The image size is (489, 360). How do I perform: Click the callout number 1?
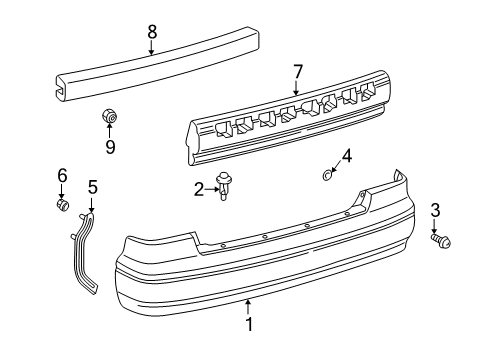pyautogui.click(x=251, y=324)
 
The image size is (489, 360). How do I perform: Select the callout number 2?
pyautogui.click(x=199, y=188)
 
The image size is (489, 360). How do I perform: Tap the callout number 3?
pyautogui.click(x=435, y=237)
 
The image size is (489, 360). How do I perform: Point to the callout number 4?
pyautogui.click(x=346, y=155)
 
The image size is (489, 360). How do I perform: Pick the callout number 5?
pyautogui.click(x=93, y=186)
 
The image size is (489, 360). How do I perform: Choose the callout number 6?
pyautogui.click(x=61, y=175)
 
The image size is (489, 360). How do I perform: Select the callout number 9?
pyautogui.click(x=111, y=147)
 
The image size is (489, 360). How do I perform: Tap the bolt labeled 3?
pyautogui.click(x=440, y=269)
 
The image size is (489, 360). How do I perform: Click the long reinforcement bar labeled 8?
pyautogui.click(x=160, y=67)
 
